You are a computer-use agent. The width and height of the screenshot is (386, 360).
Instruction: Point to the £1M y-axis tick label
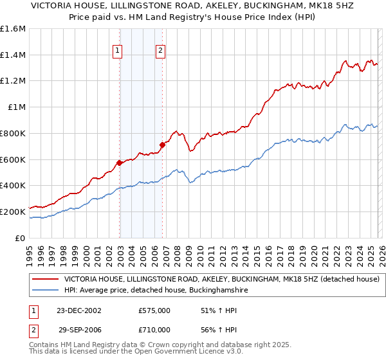(17, 107)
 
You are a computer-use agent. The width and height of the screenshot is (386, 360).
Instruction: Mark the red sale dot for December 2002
(120, 163)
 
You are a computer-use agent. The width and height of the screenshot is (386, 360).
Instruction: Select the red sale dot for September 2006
(162, 145)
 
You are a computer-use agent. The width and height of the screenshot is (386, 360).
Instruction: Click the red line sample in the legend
(45, 280)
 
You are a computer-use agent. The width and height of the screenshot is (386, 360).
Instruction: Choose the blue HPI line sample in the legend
(45, 291)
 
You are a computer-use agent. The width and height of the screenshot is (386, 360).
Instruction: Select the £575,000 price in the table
(154, 311)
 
